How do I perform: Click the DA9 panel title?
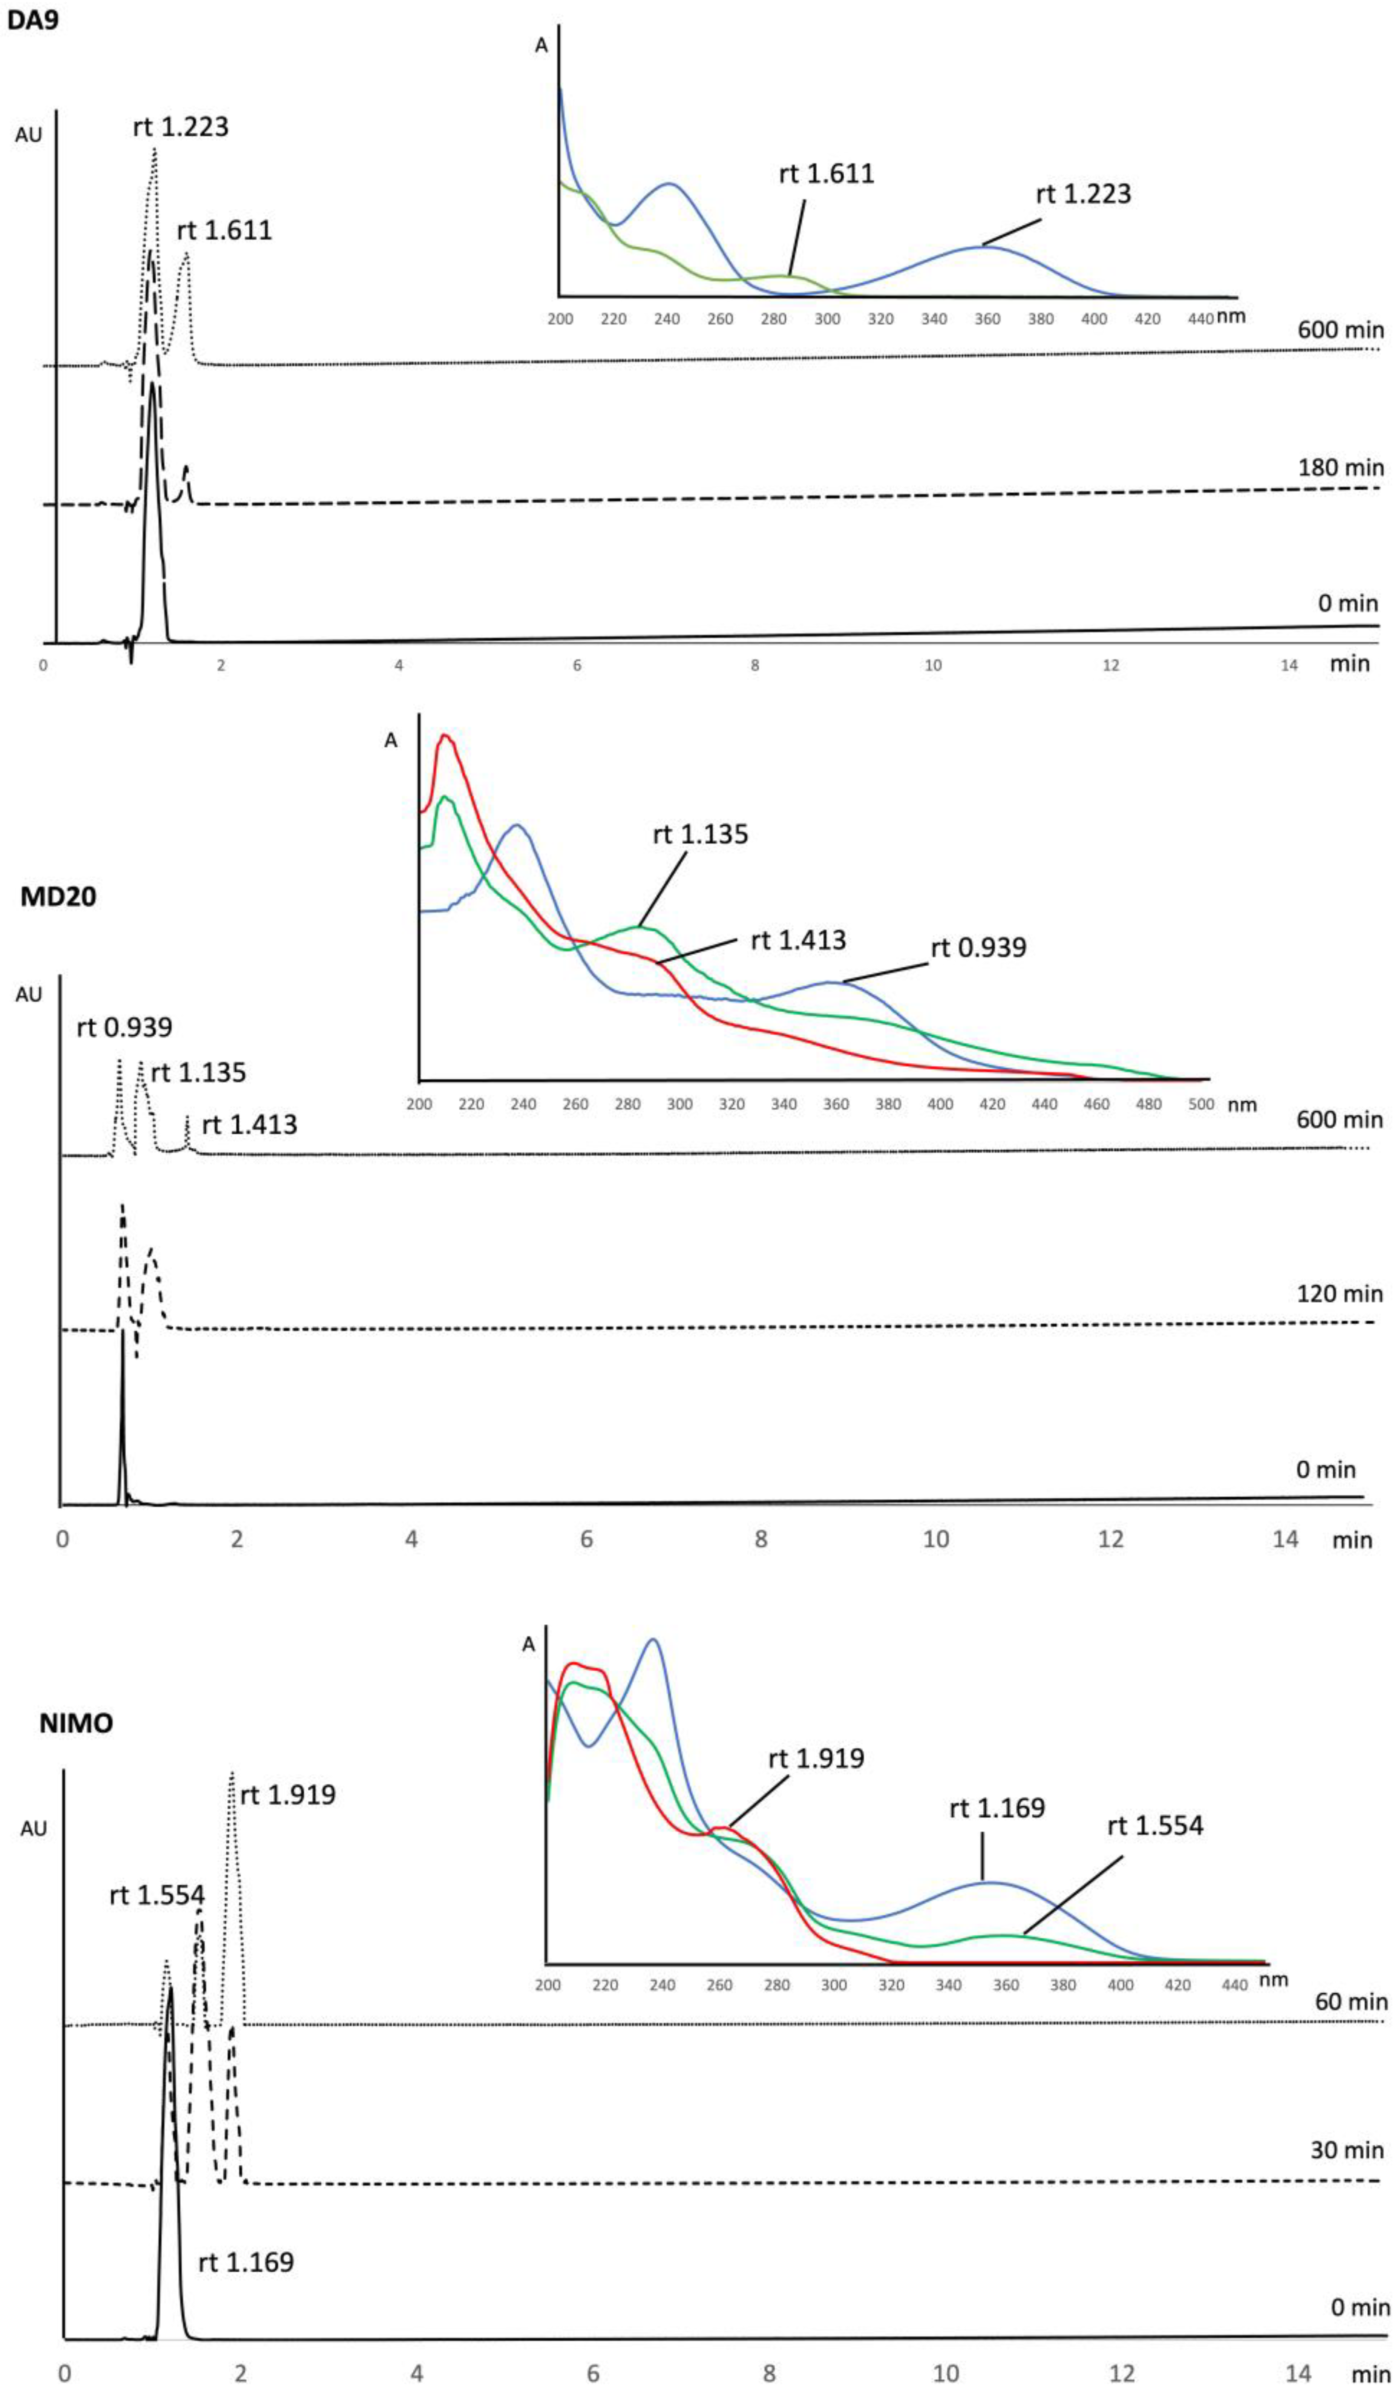pos(33,19)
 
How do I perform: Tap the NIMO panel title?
pos(76,1723)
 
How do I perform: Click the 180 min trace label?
pos(1340,467)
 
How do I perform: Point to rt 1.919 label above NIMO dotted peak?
pos(288,1795)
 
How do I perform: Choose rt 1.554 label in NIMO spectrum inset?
pos(1155,1825)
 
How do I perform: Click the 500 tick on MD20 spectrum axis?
pos(1201,1104)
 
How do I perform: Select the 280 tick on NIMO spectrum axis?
pos(777,1985)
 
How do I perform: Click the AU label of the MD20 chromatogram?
pos(29,994)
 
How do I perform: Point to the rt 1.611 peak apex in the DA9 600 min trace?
pos(186,253)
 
